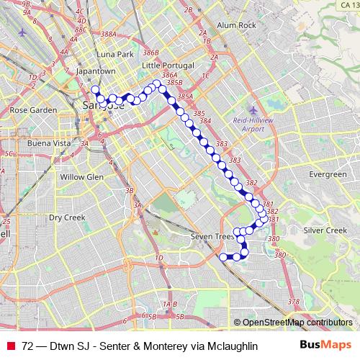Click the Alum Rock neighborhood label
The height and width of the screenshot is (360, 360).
236,25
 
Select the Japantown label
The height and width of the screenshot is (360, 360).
96,71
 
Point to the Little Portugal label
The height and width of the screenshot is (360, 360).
168,65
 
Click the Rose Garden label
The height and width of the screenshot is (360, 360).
33,110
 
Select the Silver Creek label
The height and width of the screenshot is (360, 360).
325,230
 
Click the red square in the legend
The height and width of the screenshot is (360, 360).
11,346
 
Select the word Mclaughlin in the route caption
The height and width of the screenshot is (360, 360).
227,346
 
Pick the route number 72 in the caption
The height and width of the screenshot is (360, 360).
27,346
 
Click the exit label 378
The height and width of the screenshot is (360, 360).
293,301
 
